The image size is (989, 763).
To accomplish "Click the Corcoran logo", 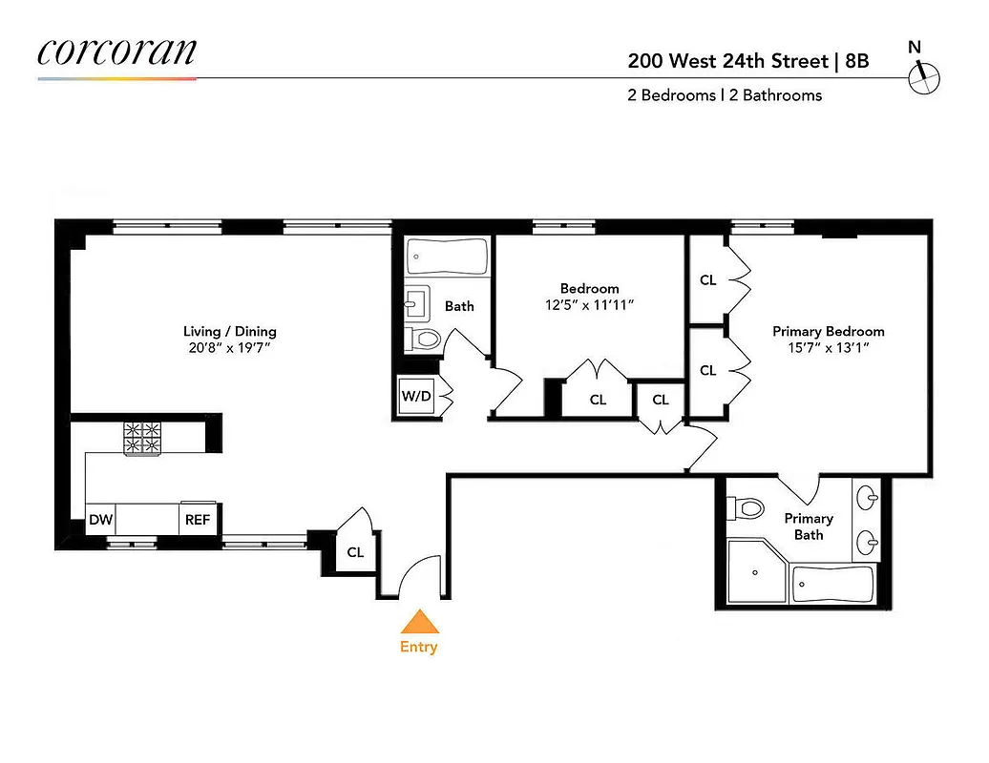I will tap(116, 52).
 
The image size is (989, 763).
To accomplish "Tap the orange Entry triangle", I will tap(418, 623).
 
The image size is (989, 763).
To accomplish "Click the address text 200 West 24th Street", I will tap(726, 61).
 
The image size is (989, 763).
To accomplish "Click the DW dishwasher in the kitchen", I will tap(99, 520).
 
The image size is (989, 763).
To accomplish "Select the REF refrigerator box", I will tap(198, 520).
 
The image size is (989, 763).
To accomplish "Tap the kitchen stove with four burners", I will tap(144, 438).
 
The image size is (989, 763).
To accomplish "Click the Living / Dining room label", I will tap(230, 332).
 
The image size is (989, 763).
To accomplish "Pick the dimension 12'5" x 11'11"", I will tap(589, 304).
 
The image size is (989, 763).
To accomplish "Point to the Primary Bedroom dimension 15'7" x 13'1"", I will tap(828, 348).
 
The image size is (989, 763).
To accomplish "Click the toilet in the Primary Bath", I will tap(747, 507).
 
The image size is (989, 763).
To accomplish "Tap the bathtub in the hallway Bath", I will tap(447, 257).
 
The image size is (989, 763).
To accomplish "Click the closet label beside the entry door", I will tap(355, 552).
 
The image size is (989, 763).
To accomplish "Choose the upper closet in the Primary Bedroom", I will tap(708, 280).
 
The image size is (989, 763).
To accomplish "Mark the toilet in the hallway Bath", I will tap(423, 338).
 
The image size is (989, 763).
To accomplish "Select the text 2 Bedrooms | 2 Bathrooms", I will tap(725, 94).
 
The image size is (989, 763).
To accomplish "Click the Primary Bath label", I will tap(809, 526).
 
